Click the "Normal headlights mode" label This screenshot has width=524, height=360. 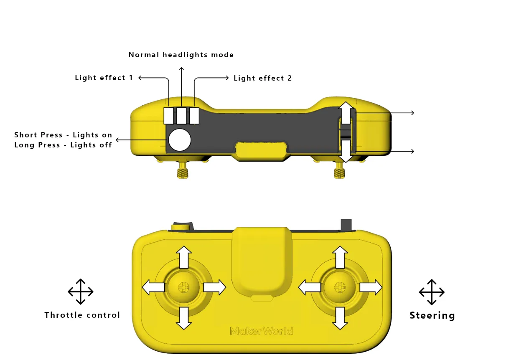(x=181, y=55)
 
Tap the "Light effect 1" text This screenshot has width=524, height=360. (x=104, y=78)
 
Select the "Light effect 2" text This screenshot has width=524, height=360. (x=263, y=78)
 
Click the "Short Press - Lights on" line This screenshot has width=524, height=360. (x=63, y=134)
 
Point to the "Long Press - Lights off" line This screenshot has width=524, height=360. (x=63, y=145)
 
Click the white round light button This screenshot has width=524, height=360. (x=180, y=140)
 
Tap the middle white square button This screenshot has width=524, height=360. (x=181, y=116)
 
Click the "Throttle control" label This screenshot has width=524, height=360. (x=82, y=315)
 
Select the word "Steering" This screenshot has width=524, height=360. (x=432, y=315)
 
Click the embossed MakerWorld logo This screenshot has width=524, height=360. (x=261, y=331)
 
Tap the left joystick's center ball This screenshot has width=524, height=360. (x=183, y=287)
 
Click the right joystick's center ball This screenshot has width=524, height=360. (x=340, y=287)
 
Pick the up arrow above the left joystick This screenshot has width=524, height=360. (x=184, y=257)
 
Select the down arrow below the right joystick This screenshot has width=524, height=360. (x=340, y=318)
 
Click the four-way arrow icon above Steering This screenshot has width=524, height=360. (x=432, y=292)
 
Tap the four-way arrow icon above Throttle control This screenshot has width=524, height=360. (x=81, y=292)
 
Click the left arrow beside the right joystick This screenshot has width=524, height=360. (x=310, y=287)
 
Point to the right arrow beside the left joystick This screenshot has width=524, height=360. (x=215, y=287)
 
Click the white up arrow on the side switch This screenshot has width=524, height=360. (x=346, y=113)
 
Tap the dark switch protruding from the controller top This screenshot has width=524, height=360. (x=346, y=225)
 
